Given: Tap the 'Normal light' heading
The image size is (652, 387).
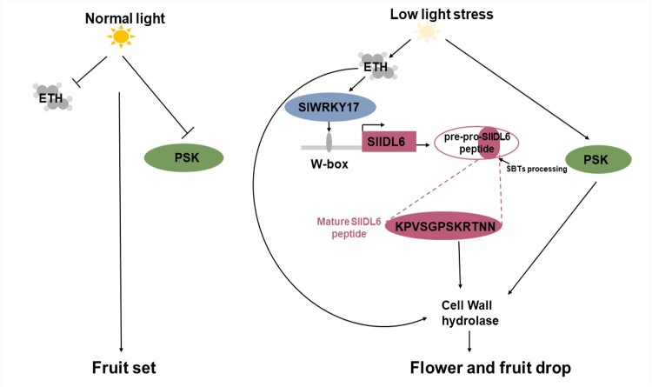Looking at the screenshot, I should [125, 13].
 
